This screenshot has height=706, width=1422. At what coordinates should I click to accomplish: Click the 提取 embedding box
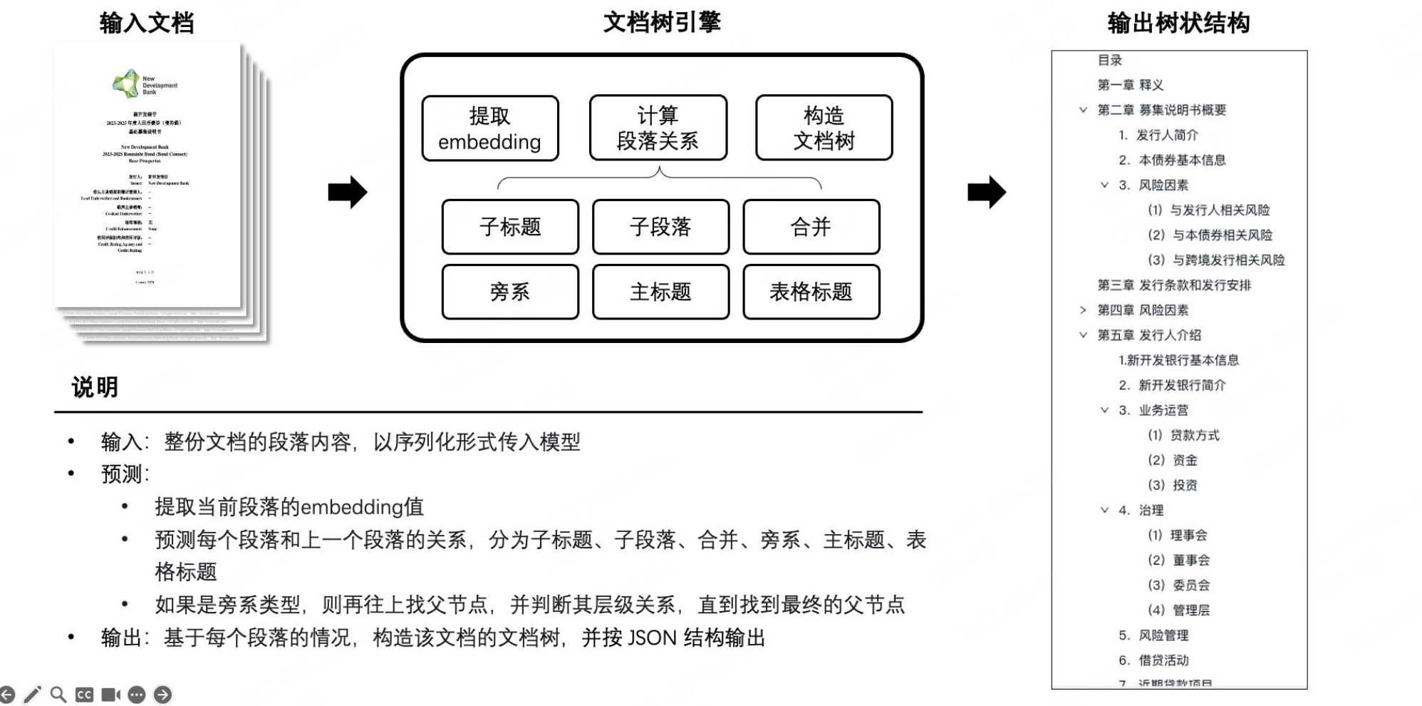[x=489, y=128]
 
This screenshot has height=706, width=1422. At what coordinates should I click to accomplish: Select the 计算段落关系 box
[x=658, y=128]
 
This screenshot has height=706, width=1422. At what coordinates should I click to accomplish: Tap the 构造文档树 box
[x=824, y=128]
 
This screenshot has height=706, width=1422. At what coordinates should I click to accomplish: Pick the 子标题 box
[x=510, y=227]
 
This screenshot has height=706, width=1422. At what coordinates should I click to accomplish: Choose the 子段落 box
[x=660, y=227]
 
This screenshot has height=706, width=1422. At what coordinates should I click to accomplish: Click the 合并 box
[x=811, y=227]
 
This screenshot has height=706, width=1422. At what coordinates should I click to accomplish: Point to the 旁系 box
[x=510, y=292]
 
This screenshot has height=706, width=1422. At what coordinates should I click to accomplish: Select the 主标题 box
[x=660, y=292]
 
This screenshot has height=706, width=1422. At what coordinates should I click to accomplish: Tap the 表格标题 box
[x=811, y=292]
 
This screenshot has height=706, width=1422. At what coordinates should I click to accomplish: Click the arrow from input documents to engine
[x=348, y=192]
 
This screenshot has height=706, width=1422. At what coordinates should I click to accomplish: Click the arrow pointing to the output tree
[x=987, y=192]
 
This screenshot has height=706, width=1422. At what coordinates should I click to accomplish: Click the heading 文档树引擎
[x=662, y=22]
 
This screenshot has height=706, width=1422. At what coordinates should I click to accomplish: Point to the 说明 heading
[x=95, y=387]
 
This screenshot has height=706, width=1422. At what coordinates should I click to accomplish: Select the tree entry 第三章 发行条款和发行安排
[x=1173, y=285]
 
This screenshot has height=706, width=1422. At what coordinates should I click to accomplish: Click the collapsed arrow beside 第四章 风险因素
[x=1083, y=310]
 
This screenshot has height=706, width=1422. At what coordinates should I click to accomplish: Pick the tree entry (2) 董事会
[x=1178, y=561]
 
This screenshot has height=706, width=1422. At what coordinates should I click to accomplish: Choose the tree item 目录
[x=1109, y=61]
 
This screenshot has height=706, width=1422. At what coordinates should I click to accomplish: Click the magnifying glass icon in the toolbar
[x=58, y=695]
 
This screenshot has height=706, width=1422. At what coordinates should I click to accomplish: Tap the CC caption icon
[x=84, y=695]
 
